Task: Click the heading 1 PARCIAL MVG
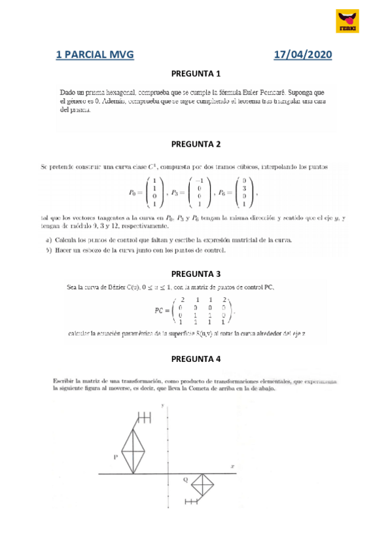pyautogui.click(x=95, y=56)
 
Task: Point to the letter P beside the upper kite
pyautogui.click(x=115, y=457)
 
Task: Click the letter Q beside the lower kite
pyautogui.click(x=185, y=480)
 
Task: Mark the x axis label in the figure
pyautogui.click(x=232, y=467)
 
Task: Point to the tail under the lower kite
pyautogui.click(x=192, y=502)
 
